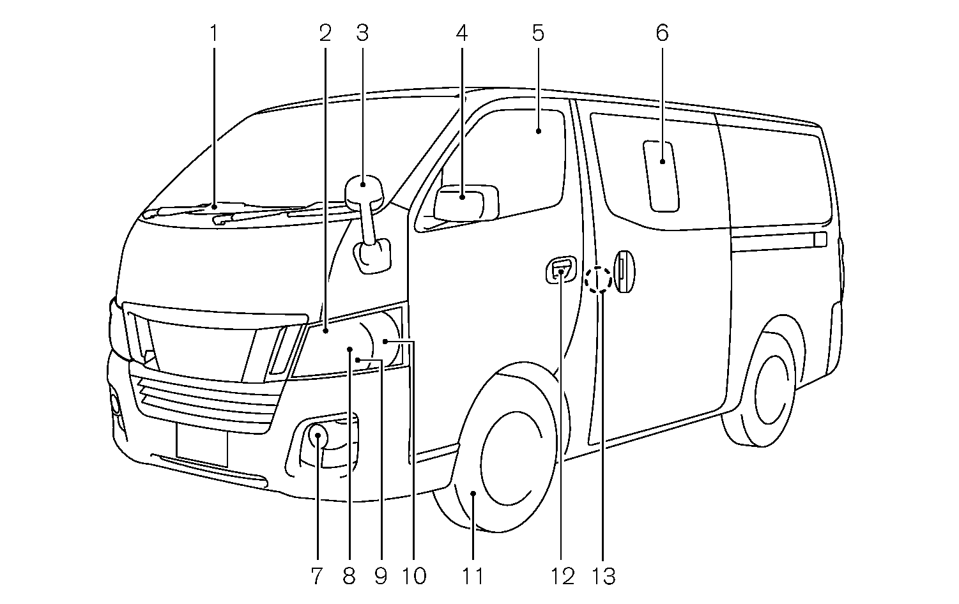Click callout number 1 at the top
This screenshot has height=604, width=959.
pyautogui.click(x=214, y=33)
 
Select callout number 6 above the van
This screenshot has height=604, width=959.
pyautogui.click(x=662, y=33)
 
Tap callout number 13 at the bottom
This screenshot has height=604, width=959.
pyautogui.click(x=604, y=577)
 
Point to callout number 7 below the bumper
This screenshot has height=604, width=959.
pyautogui.click(x=317, y=577)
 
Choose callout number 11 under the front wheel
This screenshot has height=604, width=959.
pyautogui.click(x=473, y=577)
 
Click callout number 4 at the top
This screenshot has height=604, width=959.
pyautogui.click(x=462, y=33)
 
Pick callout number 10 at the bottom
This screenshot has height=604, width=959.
pyautogui.click(x=414, y=577)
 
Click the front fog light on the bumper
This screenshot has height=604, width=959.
pyautogui.click(x=318, y=437)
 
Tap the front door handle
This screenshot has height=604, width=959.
pyautogui.click(x=560, y=271)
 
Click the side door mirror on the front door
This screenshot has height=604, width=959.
pyautogui.click(x=465, y=202)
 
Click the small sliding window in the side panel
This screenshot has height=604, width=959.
pyautogui.click(x=661, y=176)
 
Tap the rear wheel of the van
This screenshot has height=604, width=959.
pyautogui.click(x=767, y=389)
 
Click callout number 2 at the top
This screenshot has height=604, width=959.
pyautogui.click(x=325, y=33)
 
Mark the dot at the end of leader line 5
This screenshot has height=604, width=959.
pyautogui.click(x=538, y=131)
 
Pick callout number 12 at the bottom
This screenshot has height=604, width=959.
pyautogui.click(x=563, y=577)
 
